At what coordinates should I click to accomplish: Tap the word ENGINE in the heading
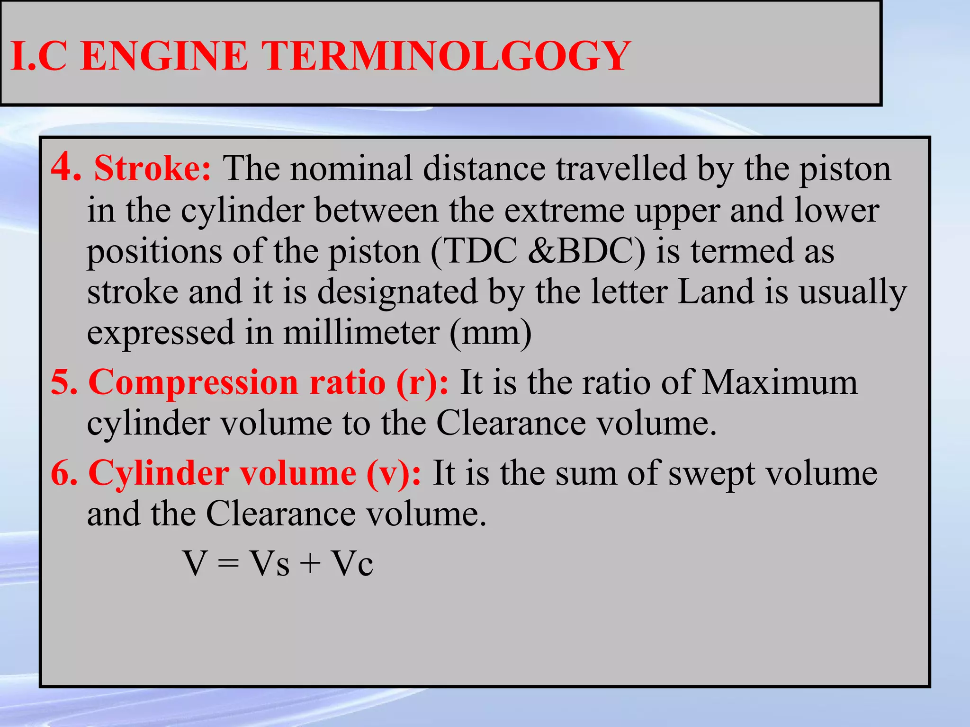click(164, 56)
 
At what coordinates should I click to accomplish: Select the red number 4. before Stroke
click(66, 167)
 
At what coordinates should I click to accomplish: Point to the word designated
click(397, 292)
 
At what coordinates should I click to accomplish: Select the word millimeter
click(361, 332)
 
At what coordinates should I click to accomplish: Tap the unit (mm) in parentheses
click(490, 332)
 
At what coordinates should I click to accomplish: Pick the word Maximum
click(779, 381)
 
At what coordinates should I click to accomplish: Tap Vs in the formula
click(269, 563)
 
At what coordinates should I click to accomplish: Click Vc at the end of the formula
click(352, 563)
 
